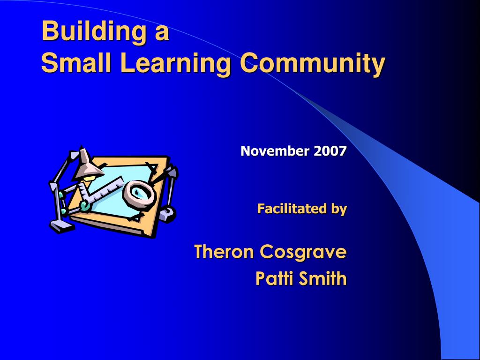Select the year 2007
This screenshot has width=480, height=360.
point(330,151)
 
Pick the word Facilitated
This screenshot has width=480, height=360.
point(292,209)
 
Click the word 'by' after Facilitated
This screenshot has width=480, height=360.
point(339,210)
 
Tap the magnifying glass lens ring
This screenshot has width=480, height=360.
point(140,195)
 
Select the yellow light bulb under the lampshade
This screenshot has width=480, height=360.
point(89,178)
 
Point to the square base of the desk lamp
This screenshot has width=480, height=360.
point(61,227)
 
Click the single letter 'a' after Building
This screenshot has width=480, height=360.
point(162,34)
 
